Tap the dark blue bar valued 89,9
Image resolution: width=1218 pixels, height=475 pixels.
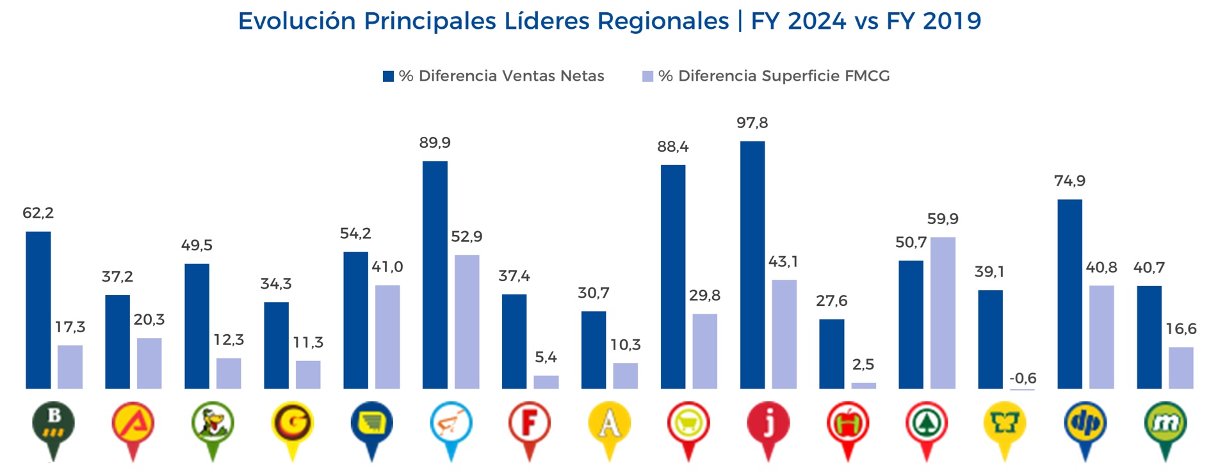pos(435,275)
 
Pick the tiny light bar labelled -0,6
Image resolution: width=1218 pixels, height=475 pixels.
pos(1022,389)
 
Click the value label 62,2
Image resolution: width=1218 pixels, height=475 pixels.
pos(38,213)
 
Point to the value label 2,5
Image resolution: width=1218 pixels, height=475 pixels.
pos(863,365)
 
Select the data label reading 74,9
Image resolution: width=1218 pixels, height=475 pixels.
pos(1069,181)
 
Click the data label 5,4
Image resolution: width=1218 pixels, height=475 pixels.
pos(546,357)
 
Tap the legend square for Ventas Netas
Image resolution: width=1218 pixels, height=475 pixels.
pos(388,76)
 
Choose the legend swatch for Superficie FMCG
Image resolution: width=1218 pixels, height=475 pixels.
pos(647,76)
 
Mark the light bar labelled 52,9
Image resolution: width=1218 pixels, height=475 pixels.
pos(467,321)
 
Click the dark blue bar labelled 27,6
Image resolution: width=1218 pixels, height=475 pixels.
pos(831,353)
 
